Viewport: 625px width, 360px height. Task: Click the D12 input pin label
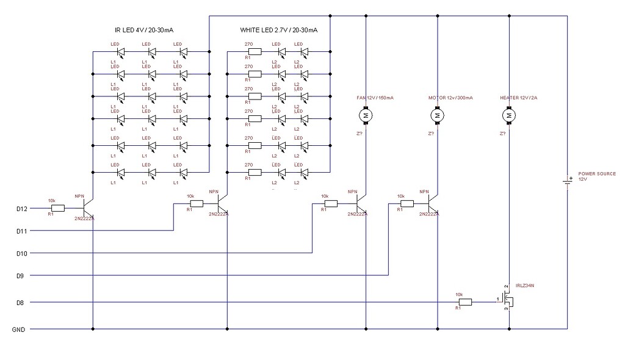(x=22, y=208)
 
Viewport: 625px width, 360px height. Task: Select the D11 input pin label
(x=22, y=231)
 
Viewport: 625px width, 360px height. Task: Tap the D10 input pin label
(x=22, y=253)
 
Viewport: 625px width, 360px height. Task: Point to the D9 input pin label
(x=21, y=276)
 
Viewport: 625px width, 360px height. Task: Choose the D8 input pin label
(x=21, y=302)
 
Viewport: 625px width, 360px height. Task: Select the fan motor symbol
(x=365, y=115)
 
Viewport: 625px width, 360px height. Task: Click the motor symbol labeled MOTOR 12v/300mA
(x=437, y=115)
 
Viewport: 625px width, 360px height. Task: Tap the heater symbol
(x=508, y=115)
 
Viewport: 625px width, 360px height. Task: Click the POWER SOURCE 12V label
(x=596, y=176)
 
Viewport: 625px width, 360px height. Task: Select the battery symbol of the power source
(x=568, y=181)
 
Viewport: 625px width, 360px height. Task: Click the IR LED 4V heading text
(x=142, y=29)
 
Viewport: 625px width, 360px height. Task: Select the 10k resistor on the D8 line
(x=464, y=301)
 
